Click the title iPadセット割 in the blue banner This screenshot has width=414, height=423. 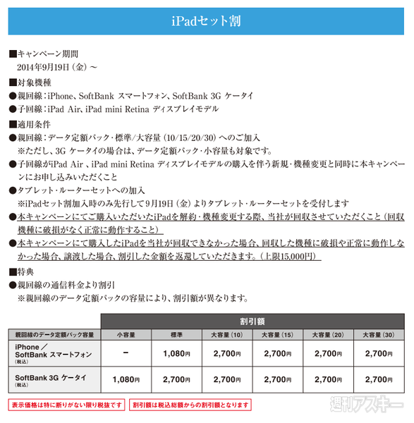(207, 20)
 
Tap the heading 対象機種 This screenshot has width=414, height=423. (32, 82)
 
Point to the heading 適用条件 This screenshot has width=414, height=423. (32, 124)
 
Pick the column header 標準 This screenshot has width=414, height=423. (177, 333)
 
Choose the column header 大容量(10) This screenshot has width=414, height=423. (227, 333)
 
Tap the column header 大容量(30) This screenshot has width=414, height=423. (379, 333)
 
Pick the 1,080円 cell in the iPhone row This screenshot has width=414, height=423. (177, 352)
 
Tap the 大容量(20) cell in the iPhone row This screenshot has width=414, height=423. (328, 352)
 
